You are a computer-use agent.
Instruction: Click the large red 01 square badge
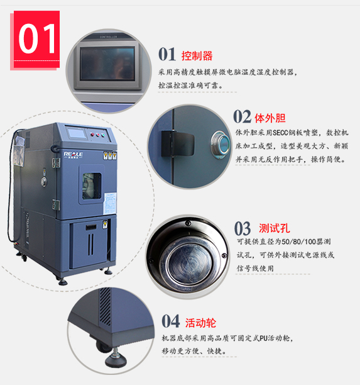click(36, 39)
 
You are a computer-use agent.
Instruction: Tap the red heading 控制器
click(197, 56)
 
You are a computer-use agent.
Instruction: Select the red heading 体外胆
click(270, 118)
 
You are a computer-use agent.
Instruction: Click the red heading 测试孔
click(275, 228)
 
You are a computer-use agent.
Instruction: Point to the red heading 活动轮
click(200, 323)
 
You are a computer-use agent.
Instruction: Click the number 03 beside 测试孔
click(243, 228)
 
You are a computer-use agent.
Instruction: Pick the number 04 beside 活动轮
click(170, 321)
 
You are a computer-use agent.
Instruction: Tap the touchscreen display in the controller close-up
click(107, 64)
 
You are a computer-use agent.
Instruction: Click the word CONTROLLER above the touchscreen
click(109, 37)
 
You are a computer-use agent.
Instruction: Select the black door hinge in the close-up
click(177, 143)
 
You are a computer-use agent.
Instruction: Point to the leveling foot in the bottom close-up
click(116, 358)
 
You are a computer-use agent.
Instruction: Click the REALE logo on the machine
click(73, 155)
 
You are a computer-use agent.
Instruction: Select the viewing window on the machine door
click(92, 186)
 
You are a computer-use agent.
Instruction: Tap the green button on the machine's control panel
click(103, 135)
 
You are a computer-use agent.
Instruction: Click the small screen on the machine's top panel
click(77, 133)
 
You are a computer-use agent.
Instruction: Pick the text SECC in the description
click(281, 133)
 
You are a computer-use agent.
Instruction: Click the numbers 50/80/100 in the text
click(299, 242)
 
